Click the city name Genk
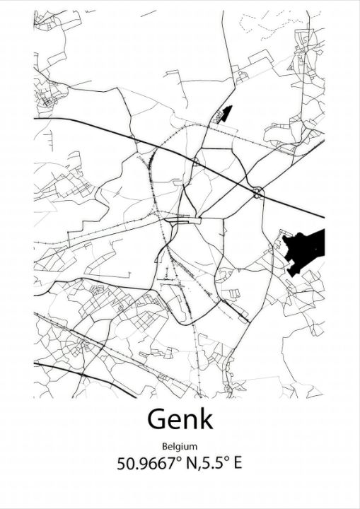tap(180, 420)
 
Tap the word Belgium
tap(180, 447)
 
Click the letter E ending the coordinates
tap(238, 464)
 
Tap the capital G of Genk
tap(157, 419)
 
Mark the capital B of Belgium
tap(164, 447)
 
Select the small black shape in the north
tap(224, 113)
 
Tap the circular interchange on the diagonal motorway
tap(257, 192)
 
